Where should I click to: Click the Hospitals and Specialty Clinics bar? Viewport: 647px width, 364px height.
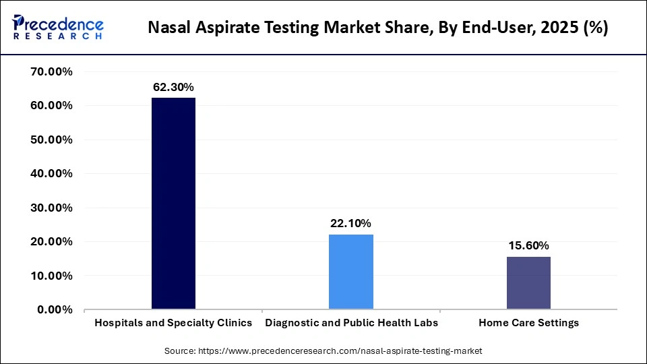click(x=173, y=204)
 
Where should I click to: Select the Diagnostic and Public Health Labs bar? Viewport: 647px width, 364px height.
click(x=351, y=272)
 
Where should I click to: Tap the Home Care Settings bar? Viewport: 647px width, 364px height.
click(x=528, y=283)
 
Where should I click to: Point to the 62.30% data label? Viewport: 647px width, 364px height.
click(x=173, y=87)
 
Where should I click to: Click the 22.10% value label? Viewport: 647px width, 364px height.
click(x=351, y=223)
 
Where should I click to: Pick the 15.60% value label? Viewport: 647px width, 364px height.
click(x=528, y=245)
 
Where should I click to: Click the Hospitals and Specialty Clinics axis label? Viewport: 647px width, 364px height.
click(x=173, y=323)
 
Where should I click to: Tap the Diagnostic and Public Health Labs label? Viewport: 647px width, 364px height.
click(x=351, y=323)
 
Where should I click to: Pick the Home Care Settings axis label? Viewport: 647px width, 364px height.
click(x=528, y=323)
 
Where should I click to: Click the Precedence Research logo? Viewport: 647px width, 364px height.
click(x=58, y=27)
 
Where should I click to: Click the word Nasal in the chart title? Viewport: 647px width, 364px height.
click(x=167, y=28)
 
